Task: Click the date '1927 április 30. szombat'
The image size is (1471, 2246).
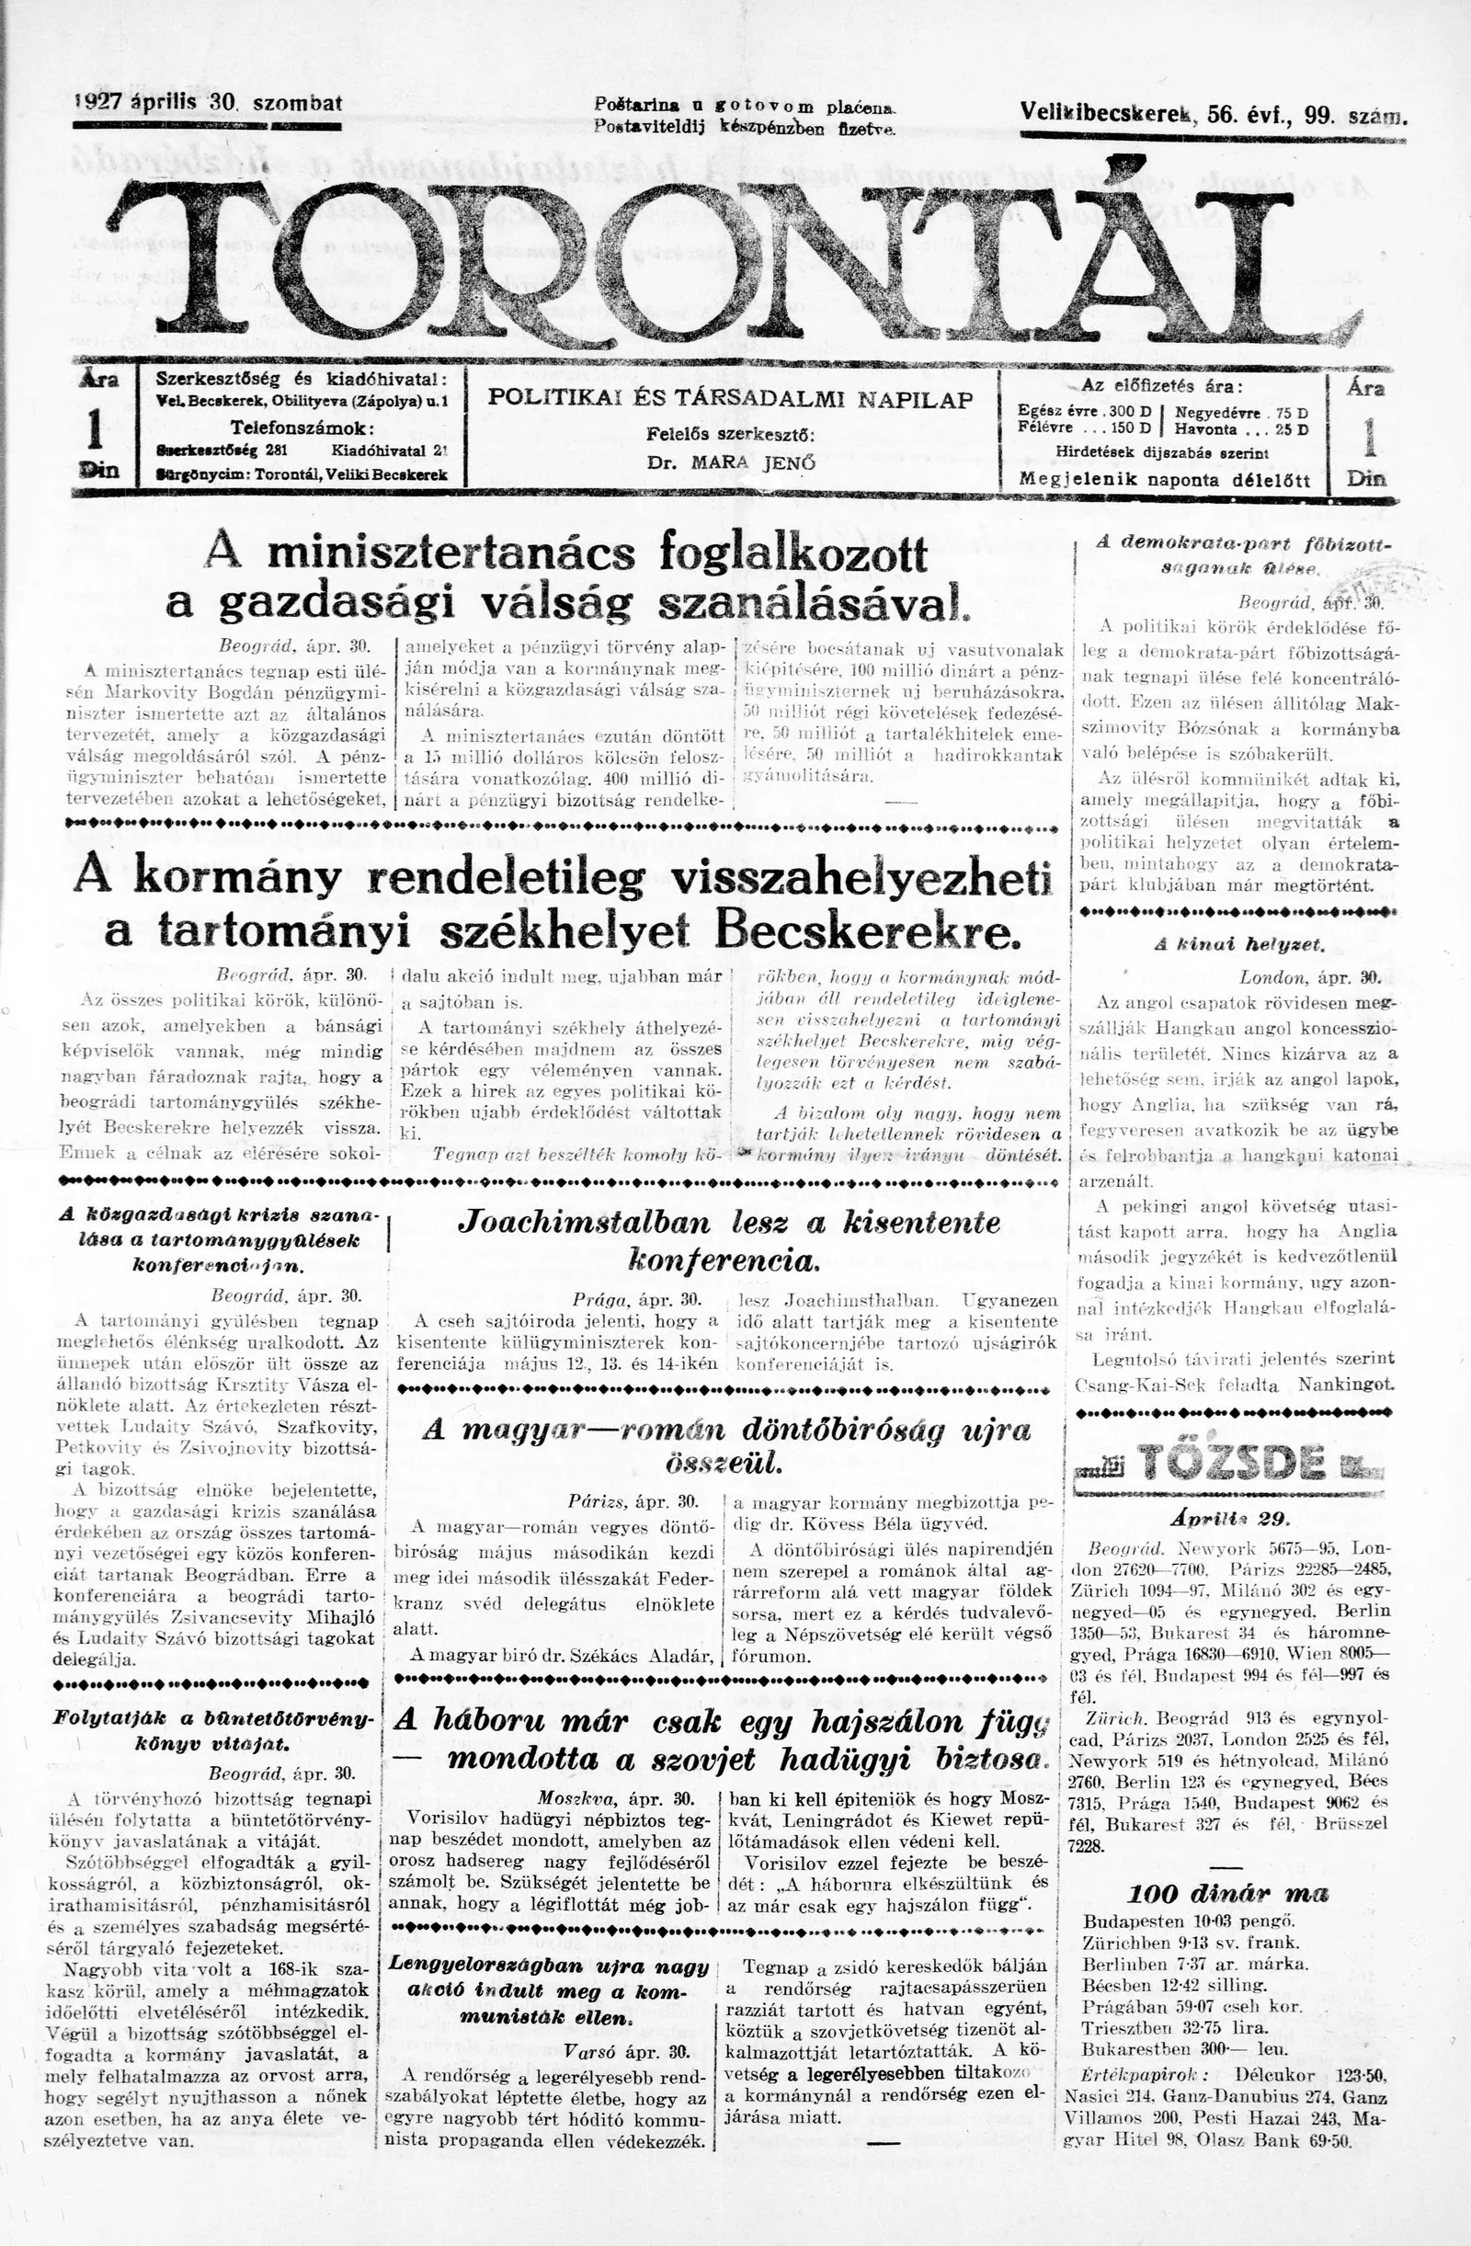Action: (208, 103)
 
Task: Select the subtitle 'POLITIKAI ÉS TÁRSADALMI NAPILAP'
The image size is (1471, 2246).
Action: (730, 399)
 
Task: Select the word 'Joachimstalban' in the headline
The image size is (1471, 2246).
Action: (584, 1223)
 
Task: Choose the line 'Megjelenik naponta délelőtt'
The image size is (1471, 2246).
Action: (1164, 478)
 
